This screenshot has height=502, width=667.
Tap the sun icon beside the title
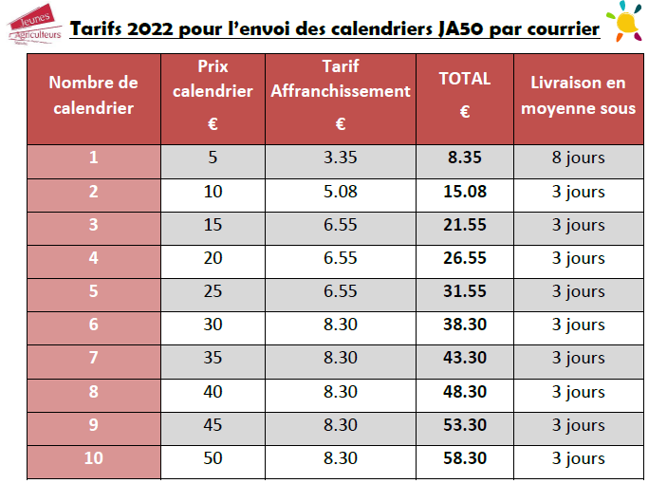(631, 20)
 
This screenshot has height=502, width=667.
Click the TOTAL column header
(465, 79)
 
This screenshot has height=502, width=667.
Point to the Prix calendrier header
(213, 80)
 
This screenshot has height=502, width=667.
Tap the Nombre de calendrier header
(93, 95)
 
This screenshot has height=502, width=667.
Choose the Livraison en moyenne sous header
(579, 95)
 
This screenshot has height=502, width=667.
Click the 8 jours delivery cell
(579, 158)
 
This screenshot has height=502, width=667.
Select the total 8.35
(465, 158)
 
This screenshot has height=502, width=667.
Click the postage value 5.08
(340, 192)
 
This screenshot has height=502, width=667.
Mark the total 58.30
(465, 458)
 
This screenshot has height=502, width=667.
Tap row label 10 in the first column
(93, 458)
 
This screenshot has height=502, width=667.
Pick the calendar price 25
(213, 291)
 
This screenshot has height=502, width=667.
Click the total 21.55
(465, 225)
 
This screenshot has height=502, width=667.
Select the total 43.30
(465, 358)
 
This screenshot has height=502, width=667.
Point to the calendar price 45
(213, 425)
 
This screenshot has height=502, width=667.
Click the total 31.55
(465, 291)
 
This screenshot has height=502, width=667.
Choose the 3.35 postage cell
(340, 158)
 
